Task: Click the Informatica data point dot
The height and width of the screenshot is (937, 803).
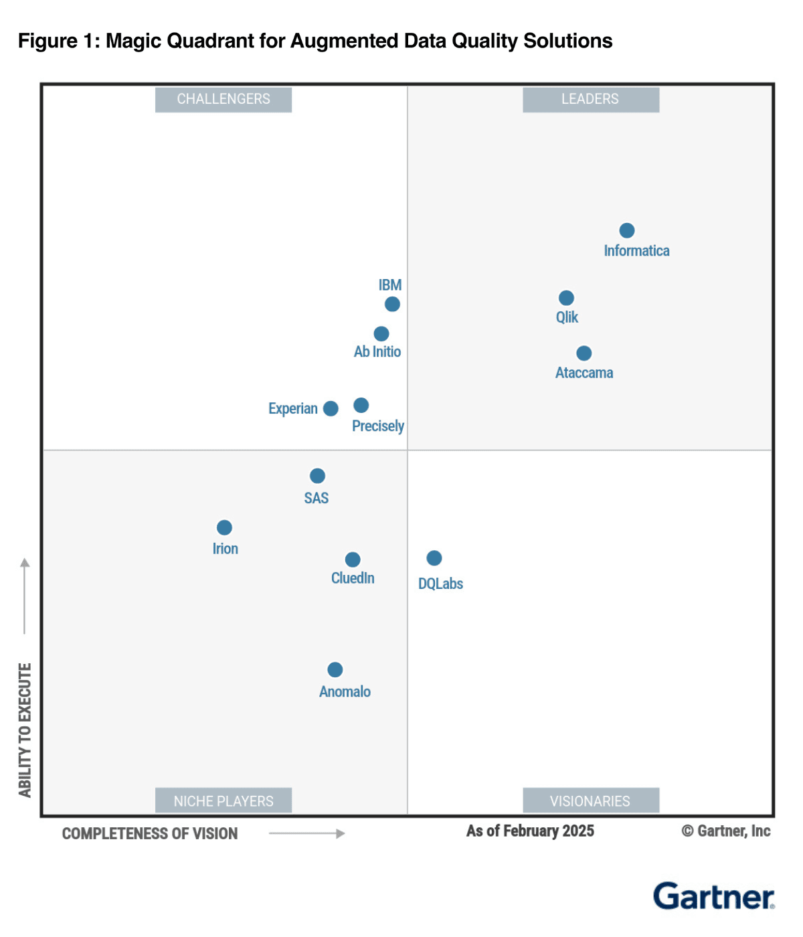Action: [x=627, y=231]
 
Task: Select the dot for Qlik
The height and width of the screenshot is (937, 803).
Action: [x=566, y=298]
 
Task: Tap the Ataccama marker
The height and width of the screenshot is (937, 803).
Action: [x=584, y=353]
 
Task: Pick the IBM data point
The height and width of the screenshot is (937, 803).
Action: [x=392, y=305]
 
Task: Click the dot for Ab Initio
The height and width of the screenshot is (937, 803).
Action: [x=381, y=334]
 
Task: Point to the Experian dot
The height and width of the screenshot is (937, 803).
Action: [x=331, y=409]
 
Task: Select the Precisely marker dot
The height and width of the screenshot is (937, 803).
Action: [x=361, y=406]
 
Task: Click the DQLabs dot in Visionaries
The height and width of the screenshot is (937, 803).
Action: [x=434, y=558]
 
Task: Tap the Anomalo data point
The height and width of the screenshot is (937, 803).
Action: [x=335, y=670]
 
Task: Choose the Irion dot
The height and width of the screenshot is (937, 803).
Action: [x=225, y=528]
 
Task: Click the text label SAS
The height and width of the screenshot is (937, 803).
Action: [x=317, y=498]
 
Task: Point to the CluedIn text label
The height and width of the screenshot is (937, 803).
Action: [x=353, y=578]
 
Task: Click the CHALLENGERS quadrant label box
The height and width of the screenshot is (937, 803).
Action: [x=224, y=100]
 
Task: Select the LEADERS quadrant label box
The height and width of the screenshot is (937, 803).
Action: [x=591, y=100]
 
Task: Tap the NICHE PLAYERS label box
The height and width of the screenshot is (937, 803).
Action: [x=224, y=800]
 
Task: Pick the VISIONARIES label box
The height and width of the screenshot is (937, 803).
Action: [x=591, y=800]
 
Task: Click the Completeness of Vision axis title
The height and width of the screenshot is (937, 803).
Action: [x=150, y=834]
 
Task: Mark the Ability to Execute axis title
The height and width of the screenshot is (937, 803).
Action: [x=25, y=730]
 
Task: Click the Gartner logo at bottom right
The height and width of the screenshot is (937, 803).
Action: [x=714, y=897]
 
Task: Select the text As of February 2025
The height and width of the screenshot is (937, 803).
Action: [x=530, y=831]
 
